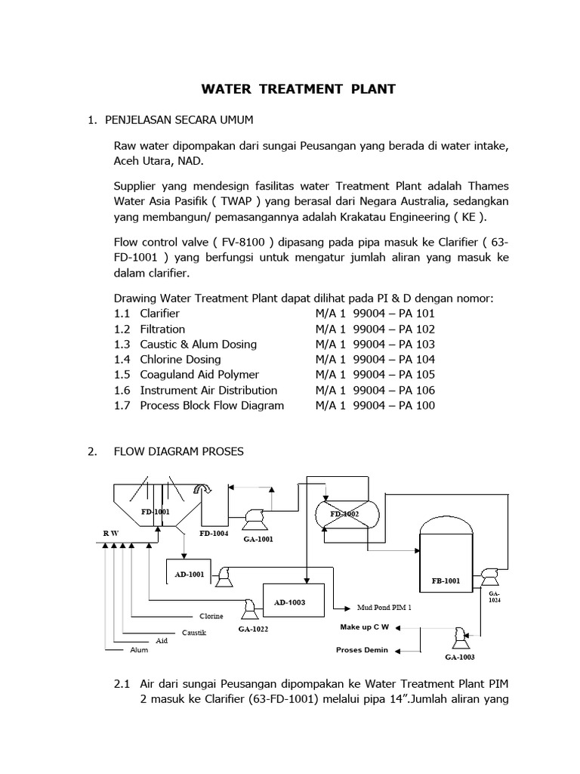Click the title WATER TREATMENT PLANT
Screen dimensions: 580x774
coord(298,89)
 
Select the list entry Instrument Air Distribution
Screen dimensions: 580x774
coord(208,390)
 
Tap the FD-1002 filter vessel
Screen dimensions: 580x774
coord(344,515)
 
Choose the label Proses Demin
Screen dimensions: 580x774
coord(362,649)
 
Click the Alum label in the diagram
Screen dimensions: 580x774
coord(139,649)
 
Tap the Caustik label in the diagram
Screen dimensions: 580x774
coord(193,631)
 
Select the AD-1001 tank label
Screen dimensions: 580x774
coord(190,574)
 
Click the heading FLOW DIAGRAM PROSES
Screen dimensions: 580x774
coord(179,451)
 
